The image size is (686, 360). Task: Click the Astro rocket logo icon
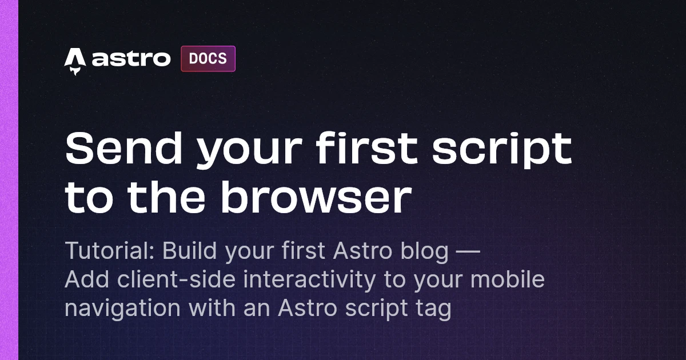tap(75, 60)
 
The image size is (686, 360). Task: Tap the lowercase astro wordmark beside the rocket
tap(131, 59)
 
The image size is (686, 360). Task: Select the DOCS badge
tap(208, 58)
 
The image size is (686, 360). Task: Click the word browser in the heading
tap(316, 197)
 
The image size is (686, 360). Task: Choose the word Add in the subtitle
tap(83, 280)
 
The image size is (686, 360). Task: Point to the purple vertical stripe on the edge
tap(9, 180)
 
